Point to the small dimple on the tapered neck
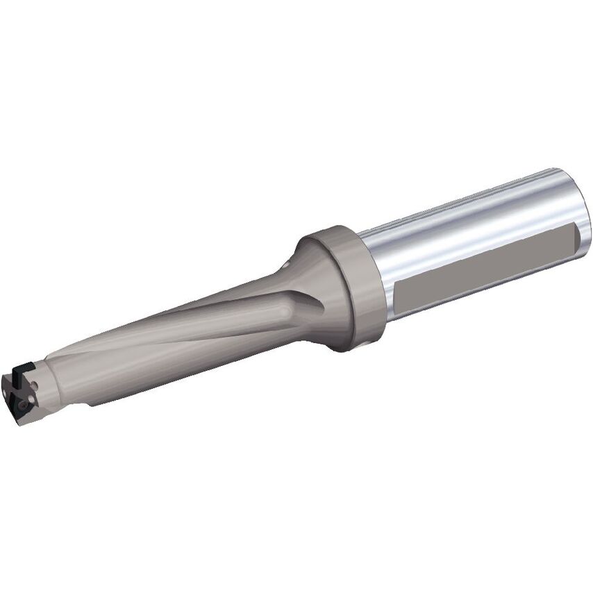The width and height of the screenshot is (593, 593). coord(286,265)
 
